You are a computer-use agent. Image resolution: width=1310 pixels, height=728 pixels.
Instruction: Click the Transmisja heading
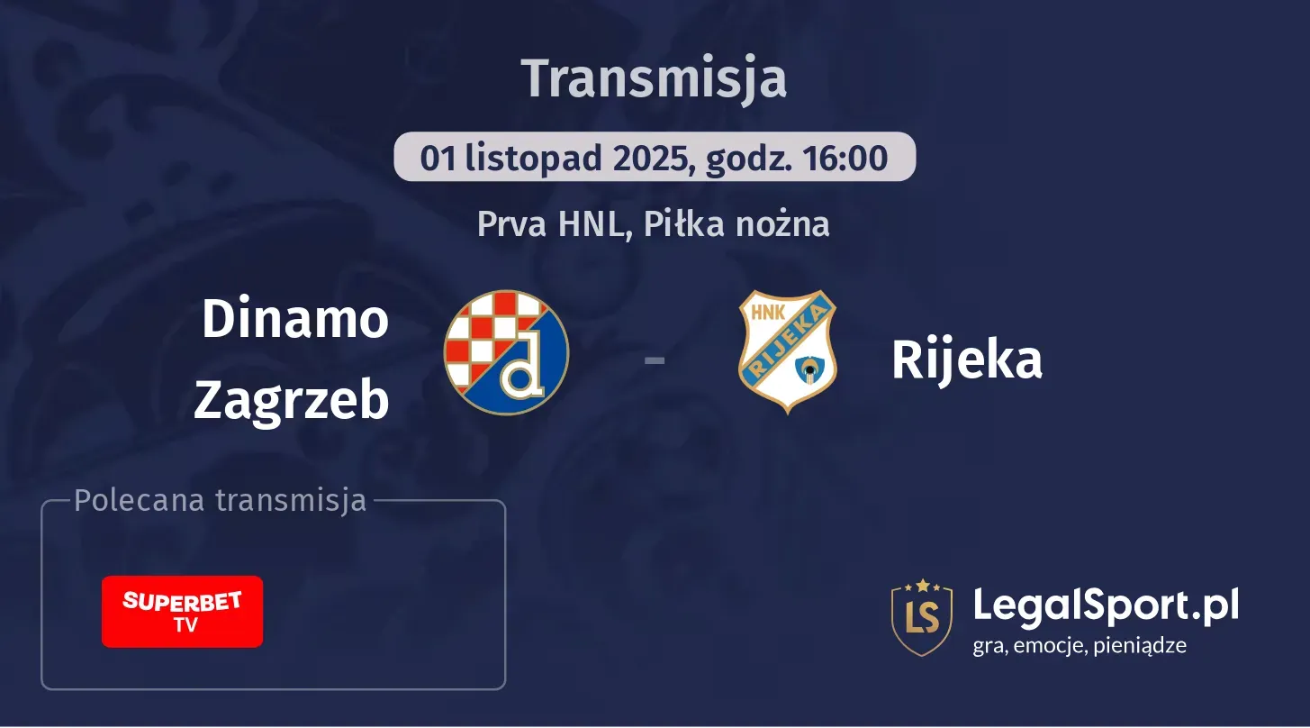[x=654, y=78]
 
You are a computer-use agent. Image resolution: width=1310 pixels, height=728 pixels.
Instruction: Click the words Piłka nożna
[x=731, y=224]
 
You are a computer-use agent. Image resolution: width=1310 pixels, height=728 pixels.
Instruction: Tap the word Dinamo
[x=294, y=319]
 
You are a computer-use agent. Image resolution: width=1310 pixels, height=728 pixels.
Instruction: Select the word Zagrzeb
[x=292, y=399]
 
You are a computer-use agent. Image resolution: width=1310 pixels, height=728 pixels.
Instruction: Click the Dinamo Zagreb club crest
[x=506, y=352]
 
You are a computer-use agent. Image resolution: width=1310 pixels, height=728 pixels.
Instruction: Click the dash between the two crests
[x=655, y=360]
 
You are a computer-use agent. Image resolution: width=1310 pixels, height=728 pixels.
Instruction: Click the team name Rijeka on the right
[x=966, y=359]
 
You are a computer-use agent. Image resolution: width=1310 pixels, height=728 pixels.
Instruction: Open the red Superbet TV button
[x=182, y=611]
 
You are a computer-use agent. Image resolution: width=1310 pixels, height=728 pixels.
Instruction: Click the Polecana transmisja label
[x=221, y=501]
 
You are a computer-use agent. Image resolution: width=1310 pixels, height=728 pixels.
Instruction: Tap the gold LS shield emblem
[x=921, y=617]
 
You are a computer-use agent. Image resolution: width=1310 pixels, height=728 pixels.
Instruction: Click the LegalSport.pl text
[x=1106, y=605]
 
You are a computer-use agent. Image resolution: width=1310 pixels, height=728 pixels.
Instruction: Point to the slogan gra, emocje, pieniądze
[x=1080, y=645]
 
